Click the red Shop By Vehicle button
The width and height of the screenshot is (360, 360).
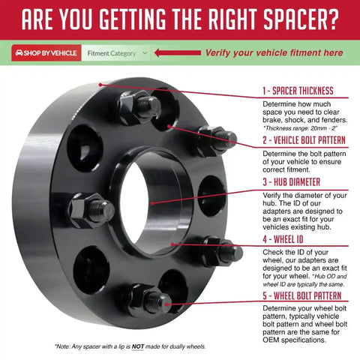pos(46,53)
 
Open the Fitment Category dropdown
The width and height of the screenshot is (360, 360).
pos(116,53)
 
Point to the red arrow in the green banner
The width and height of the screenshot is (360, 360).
pos(178,52)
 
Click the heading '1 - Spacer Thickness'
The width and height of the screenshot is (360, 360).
pos(298,91)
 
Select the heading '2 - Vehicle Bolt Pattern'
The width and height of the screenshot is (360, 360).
pos(304,140)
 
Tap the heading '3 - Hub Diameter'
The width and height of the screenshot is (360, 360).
pos(291,181)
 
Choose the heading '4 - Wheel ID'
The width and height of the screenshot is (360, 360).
pos(283,239)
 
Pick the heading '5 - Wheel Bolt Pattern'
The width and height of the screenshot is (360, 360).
pos(301,295)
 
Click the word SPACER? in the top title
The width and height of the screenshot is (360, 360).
pos(301,19)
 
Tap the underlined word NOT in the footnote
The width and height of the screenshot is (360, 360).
pos(138,346)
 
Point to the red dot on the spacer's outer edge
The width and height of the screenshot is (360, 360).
pos(100,85)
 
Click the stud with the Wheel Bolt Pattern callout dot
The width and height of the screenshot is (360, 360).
pos(159,302)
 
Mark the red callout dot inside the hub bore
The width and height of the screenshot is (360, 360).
pos(153,203)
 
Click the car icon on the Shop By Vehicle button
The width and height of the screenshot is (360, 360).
pos(19,53)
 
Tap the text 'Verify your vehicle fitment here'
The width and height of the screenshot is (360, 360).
pos(274,52)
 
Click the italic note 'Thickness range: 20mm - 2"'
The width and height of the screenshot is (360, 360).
pos(300,128)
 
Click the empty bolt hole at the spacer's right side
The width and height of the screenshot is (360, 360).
pos(211,196)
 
